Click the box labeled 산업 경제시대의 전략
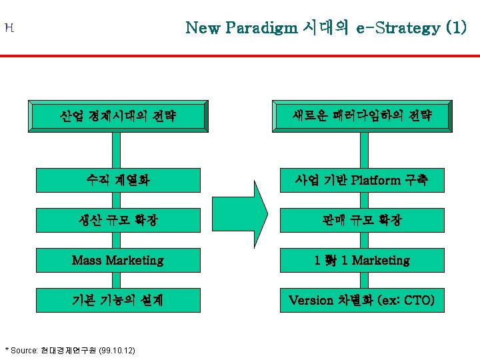pos(118,117)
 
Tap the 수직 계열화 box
pos(118,180)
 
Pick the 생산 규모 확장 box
pos(118,220)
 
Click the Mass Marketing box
pos(118,260)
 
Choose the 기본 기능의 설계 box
pos(118,300)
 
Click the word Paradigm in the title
pos(261,29)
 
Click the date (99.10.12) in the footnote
pos(117,350)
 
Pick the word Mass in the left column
pos(85,260)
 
